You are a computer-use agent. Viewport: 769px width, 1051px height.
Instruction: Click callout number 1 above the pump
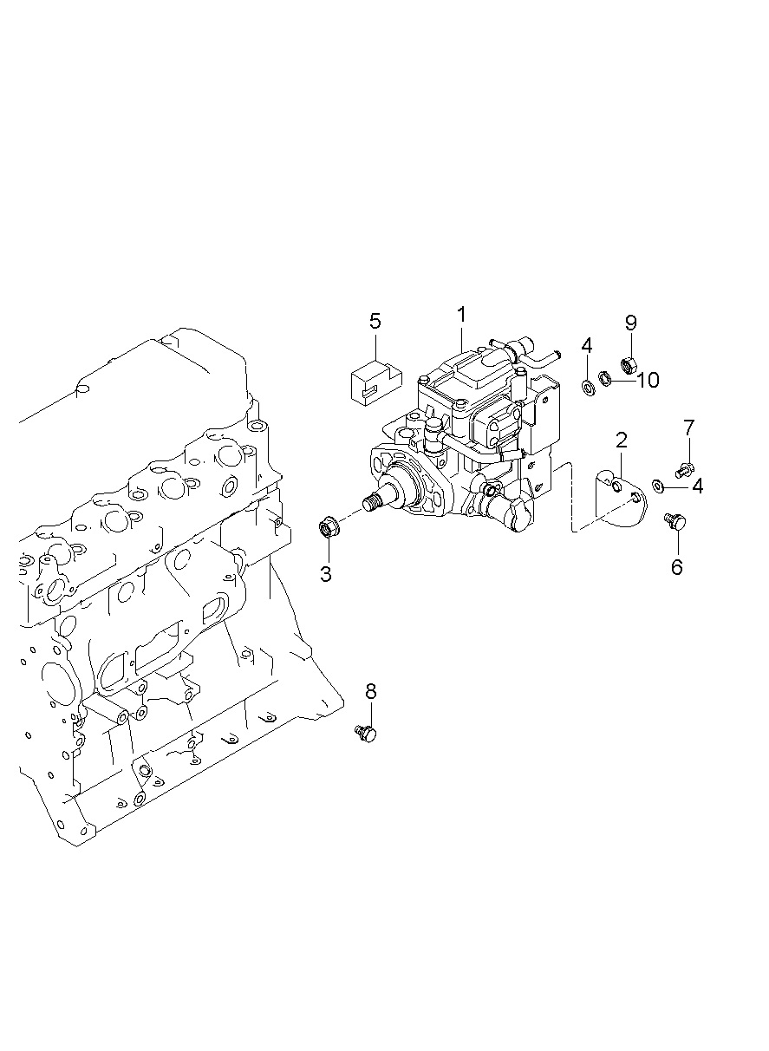coord(461,313)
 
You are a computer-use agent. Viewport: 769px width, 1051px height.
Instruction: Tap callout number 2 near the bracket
coord(622,440)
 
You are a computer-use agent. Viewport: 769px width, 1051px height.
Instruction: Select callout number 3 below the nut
coord(326,573)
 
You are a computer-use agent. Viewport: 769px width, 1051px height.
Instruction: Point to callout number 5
coord(375,322)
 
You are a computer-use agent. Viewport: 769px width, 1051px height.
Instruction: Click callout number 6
coord(676,567)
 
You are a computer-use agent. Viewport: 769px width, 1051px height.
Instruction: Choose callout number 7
coord(689,428)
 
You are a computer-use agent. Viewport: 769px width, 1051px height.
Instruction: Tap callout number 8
coord(371,691)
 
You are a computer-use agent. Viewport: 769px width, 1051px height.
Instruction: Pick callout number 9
coord(631,323)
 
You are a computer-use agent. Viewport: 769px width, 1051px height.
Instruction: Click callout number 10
coord(648,380)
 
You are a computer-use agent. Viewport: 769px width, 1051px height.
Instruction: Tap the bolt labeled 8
coord(368,734)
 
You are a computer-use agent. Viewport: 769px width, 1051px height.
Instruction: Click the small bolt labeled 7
coord(684,469)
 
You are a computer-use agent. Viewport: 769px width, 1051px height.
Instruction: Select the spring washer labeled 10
coord(607,378)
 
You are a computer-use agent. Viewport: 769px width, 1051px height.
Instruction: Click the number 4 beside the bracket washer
coord(697,486)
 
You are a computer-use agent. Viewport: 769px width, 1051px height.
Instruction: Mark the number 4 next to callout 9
coord(587,346)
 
